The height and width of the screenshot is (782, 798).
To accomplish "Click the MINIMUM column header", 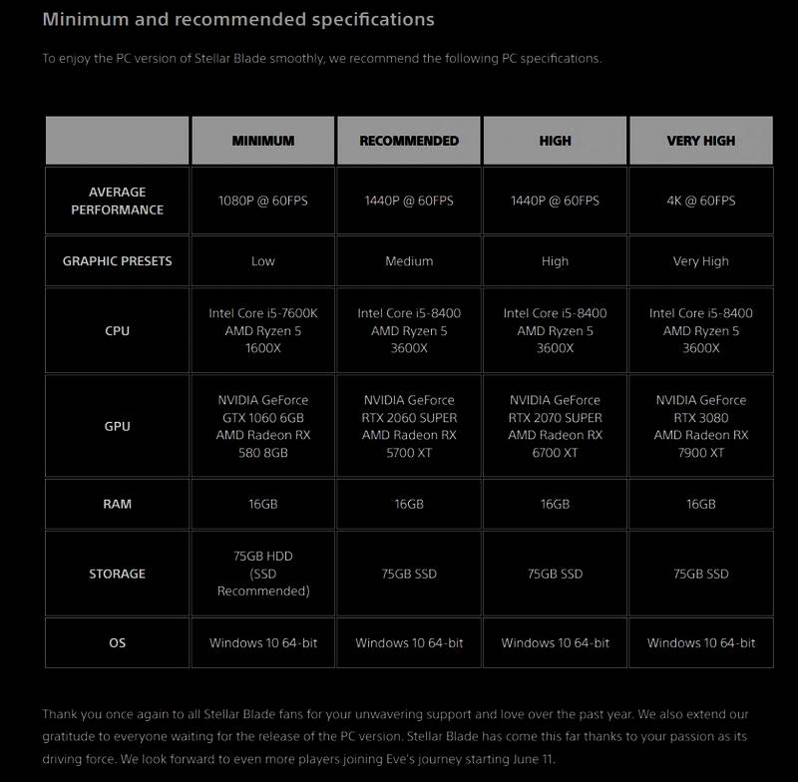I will (x=263, y=141).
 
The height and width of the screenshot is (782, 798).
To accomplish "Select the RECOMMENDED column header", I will (x=409, y=141).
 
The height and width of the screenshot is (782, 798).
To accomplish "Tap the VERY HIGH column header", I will (x=700, y=141).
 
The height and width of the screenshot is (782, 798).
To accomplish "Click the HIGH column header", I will (x=555, y=141).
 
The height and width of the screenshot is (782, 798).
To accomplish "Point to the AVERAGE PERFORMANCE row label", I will (x=117, y=200).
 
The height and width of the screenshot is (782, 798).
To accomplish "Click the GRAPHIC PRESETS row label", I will (x=117, y=261).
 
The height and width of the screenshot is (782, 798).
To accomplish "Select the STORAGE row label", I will (x=117, y=574).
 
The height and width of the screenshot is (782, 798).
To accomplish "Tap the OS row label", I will (x=117, y=643).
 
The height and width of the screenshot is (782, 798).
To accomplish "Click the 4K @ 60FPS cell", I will (x=700, y=200).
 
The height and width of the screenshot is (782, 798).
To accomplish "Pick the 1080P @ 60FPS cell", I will (x=263, y=200).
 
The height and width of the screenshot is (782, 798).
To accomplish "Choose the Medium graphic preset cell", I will (x=409, y=261).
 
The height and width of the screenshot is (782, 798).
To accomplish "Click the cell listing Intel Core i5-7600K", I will (x=263, y=330).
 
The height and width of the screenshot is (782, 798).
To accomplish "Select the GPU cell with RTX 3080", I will (x=700, y=426).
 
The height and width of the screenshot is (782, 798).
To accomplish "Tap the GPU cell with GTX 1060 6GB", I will (x=263, y=426).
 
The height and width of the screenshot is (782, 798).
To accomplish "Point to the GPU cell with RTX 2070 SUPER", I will (x=555, y=426).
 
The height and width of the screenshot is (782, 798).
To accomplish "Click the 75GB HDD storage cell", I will (x=263, y=574).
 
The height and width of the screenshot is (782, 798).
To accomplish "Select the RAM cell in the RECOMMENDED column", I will (x=409, y=504).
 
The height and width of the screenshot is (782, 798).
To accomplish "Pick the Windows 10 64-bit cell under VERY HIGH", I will (x=700, y=643).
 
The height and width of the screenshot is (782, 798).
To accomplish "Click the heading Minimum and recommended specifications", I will (x=238, y=19).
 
